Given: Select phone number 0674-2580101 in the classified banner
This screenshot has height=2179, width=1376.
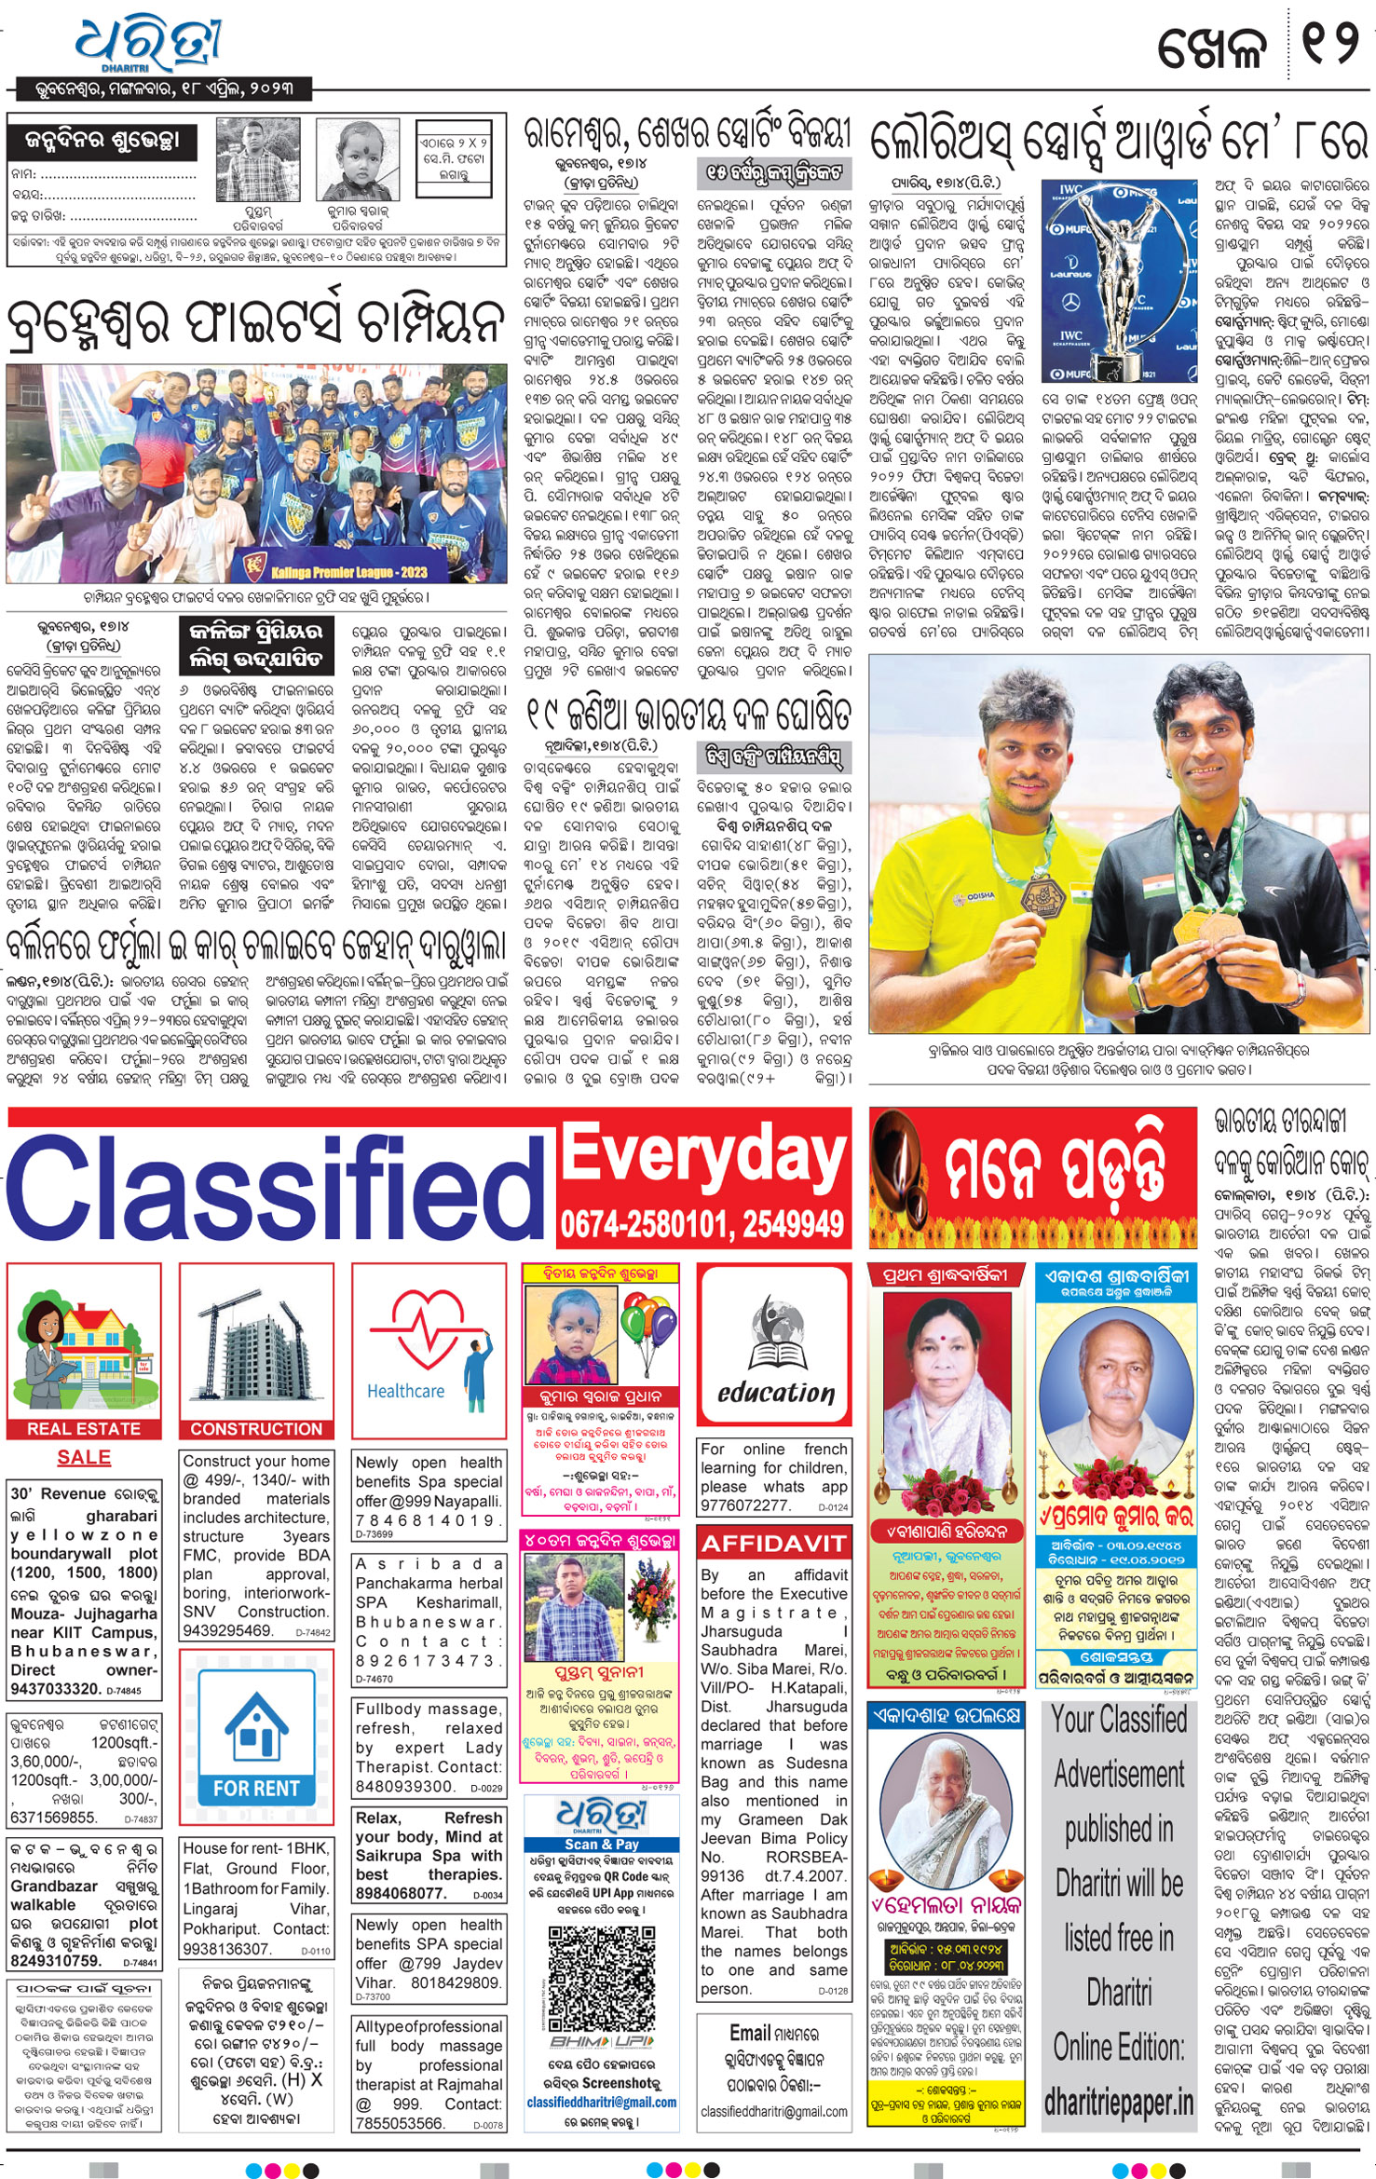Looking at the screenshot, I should click(x=634, y=1223).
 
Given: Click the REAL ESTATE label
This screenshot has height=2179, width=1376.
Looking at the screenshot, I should click(x=84, y=1428).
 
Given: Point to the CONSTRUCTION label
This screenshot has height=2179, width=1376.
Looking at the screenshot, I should click(x=256, y=1428).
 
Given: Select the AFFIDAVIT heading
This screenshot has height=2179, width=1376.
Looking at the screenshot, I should click(x=773, y=1544).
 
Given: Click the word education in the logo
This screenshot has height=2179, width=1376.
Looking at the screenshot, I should click(x=775, y=1393).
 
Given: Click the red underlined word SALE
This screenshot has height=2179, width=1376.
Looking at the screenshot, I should click(x=84, y=1457).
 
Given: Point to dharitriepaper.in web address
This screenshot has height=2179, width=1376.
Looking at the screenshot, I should click(x=1119, y=2102).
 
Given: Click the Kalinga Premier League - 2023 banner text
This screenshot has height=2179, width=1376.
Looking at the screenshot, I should click(x=349, y=571).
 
